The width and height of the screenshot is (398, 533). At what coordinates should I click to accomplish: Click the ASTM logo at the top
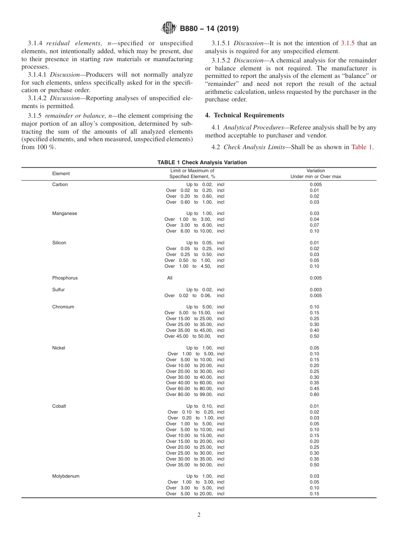coord(169,28)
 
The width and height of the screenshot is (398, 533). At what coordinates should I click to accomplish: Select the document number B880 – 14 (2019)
coord(209,29)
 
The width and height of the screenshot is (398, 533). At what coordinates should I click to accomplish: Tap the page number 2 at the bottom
coord(199,515)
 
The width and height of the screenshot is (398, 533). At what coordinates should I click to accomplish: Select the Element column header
coord(61,173)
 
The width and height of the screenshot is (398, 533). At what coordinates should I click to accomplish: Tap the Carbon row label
coord(60,184)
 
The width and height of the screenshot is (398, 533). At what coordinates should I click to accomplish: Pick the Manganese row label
coord(65,213)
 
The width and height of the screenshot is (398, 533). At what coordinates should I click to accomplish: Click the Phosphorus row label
coord(65,278)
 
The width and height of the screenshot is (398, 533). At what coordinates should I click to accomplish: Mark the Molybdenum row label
coord(65,476)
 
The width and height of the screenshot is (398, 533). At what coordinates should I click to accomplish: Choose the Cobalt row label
coord(59,406)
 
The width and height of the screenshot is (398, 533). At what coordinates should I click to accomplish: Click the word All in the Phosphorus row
coord(170,278)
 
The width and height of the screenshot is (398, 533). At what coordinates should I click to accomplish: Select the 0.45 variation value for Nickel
coord(314,388)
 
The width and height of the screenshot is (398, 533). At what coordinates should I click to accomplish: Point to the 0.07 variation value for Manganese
coord(314,225)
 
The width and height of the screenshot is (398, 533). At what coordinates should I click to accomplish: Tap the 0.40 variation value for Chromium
coord(314,330)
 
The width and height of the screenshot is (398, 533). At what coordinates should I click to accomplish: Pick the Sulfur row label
coord(58,290)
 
